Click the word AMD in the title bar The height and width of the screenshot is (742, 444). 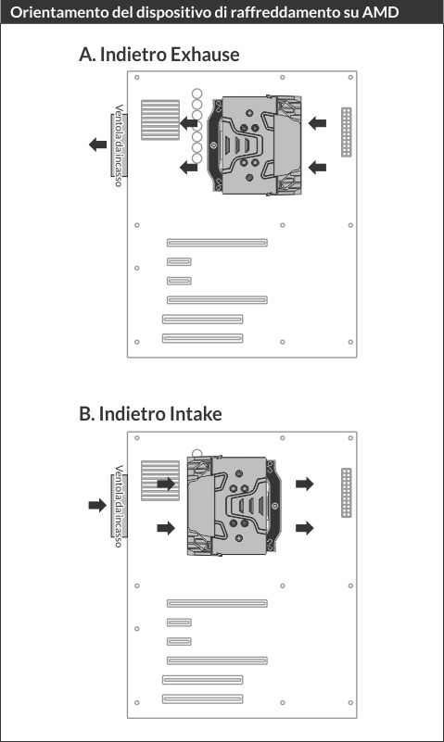pos(380,12)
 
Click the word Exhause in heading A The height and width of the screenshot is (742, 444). pos(205,55)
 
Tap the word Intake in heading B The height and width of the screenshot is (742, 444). pos(196,414)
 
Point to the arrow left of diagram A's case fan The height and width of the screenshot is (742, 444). pos(97,145)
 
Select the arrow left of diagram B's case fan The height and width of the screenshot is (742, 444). pos(97,505)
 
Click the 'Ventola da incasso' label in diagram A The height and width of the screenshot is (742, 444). pos(119,145)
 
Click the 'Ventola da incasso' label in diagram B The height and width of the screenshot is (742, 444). pos(119,506)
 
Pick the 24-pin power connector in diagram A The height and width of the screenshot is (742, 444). pos(347,132)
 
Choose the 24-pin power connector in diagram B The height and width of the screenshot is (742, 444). pos(347,493)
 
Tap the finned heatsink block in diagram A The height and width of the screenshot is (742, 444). pos(160,119)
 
